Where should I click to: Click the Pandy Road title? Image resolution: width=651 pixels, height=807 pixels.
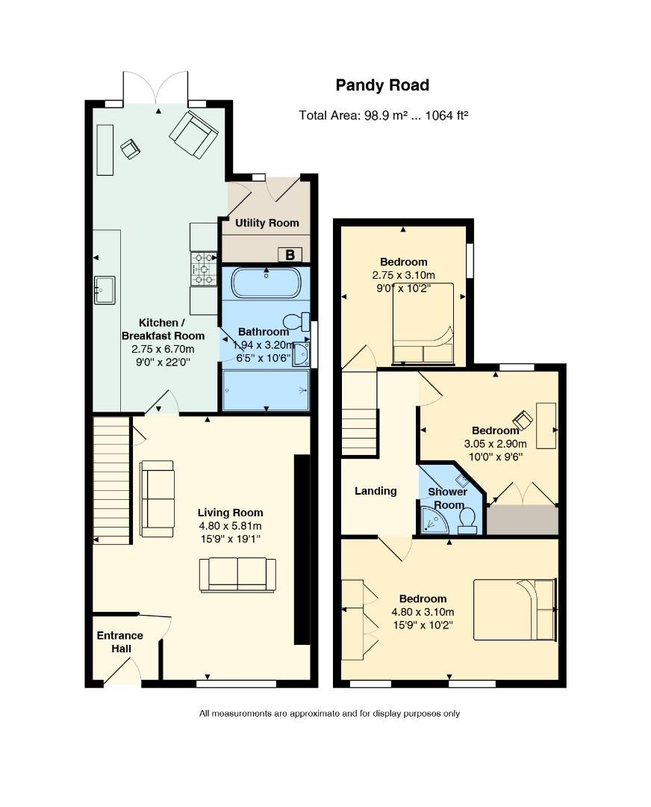coord(382,85)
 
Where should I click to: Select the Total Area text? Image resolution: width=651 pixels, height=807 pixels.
coord(383,115)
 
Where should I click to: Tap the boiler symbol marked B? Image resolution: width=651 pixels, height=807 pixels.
coord(290,255)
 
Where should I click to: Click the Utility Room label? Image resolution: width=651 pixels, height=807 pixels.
coord(267,223)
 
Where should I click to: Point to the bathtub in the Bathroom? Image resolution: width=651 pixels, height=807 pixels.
coord(267,283)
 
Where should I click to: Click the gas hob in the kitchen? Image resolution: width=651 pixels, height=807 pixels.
coord(203,269)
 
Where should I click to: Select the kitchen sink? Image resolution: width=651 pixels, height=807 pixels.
coord(105,290)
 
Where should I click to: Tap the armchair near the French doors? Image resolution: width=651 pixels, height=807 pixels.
coord(194,134)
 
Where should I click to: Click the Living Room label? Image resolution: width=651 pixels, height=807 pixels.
coord(230,513)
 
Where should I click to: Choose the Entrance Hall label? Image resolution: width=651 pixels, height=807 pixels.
coord(120,642)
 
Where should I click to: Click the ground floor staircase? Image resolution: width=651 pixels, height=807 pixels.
coord(111,480)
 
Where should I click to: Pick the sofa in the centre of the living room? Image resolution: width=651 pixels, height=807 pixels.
coord(237,575)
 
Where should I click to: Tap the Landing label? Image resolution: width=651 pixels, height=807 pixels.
coord(375,491)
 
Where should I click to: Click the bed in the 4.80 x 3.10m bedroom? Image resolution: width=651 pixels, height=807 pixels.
coord(515,609)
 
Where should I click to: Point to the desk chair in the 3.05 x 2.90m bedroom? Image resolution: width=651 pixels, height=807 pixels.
coord(523,420)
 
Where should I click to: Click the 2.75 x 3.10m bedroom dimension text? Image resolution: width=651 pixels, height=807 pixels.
coord(404,275)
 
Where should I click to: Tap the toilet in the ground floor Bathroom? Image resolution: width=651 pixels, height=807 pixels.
coord(298,322)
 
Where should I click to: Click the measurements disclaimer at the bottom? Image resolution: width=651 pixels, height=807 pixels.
coord(329,714)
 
